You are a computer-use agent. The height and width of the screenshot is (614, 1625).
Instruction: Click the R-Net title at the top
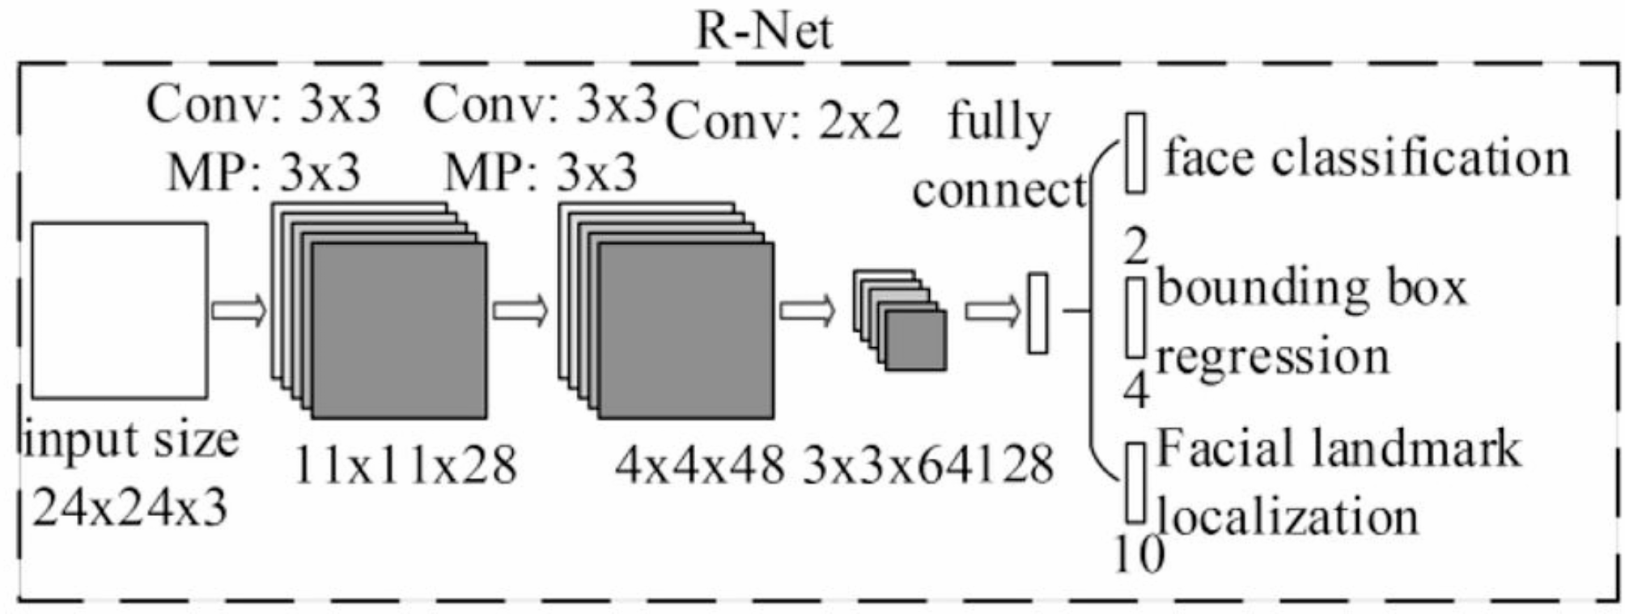[764, 32]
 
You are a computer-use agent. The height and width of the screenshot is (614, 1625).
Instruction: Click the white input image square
[120, 311]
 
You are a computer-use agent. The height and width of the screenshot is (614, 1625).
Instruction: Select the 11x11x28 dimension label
[405, 466]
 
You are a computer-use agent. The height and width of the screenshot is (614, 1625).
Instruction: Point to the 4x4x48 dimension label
[699, 466]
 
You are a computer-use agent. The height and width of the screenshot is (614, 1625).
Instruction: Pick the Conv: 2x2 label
[783, 125]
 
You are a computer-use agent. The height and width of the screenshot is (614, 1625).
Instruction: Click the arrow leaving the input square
[239, 311]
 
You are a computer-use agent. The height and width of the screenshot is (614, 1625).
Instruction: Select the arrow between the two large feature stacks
[520, 311]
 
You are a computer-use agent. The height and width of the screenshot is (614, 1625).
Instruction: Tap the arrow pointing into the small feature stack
[807, 311]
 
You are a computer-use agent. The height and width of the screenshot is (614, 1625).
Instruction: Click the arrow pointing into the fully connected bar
[993, 311]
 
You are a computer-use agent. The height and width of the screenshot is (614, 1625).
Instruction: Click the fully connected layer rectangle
[1037, 313]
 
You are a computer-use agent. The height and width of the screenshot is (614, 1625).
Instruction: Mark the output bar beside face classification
[1135, 152]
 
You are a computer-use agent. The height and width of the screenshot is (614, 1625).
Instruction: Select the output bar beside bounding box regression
[1135, 317]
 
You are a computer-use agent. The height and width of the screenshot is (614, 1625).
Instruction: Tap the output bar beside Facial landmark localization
[1135, 482]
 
